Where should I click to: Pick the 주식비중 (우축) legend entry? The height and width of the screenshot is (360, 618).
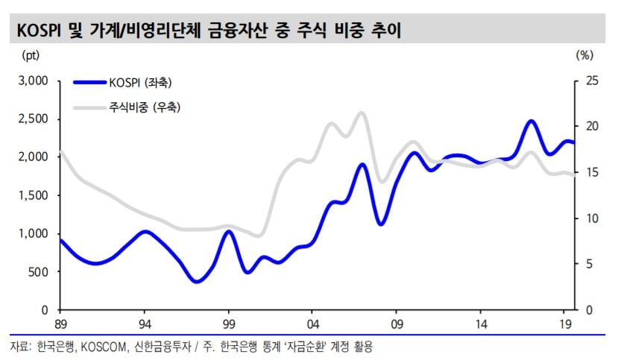tap(145, 108)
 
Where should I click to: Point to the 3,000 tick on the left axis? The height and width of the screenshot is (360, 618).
tap(34, 80)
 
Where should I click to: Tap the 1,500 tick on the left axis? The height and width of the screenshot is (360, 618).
tap(34, 195)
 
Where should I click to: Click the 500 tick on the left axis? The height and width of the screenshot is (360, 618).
tap(39, 271)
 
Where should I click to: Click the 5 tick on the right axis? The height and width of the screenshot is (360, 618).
tap(586, 264)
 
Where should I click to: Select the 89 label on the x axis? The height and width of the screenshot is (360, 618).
tap(61, 325)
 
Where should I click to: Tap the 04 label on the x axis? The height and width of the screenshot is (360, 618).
tap(312, 325)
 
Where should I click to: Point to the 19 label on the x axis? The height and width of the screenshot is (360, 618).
tap(565, 325)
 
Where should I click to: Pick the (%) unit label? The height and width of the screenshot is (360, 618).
tap(584, 54)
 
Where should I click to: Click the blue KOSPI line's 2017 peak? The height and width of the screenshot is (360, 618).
tap(531, 121)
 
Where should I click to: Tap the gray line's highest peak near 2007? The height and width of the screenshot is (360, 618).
tap(362, 113)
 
